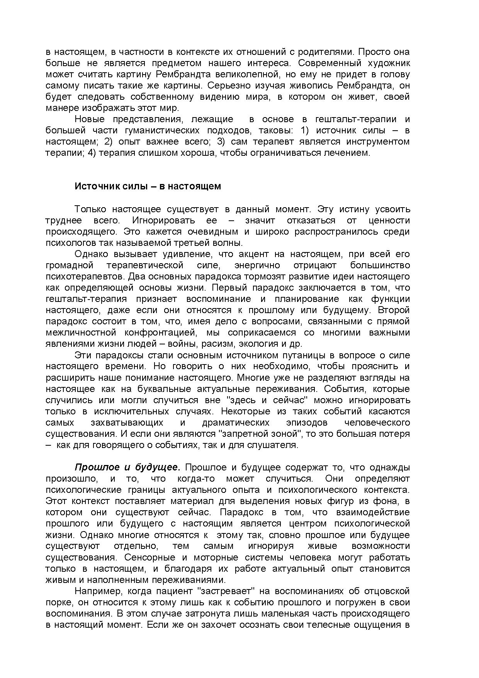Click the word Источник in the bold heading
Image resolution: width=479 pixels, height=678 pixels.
(x=93, y=186)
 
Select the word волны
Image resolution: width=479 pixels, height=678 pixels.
(x=229, y=243)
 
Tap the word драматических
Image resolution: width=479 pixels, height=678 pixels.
(x=236, y=422)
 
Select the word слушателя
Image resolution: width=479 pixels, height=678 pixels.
(x=277, y=445)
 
